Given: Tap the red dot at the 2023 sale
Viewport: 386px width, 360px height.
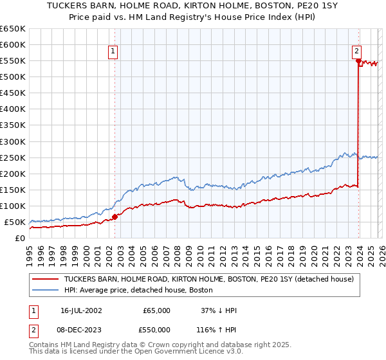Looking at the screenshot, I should coord(358,60).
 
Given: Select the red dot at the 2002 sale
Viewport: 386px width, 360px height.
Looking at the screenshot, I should coord(115,217).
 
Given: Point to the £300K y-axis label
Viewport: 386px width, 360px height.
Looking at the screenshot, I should coord(13,141).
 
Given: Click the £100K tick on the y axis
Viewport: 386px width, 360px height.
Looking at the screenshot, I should coord(13,206).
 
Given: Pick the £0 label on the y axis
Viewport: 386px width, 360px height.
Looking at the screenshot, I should coord(20,238).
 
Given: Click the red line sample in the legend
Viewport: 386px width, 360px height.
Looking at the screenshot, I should coord(46,280).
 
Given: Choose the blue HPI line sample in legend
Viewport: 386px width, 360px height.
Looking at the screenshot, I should coord(46,291).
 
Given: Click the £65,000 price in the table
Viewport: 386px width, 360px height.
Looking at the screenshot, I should coord(156,310).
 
